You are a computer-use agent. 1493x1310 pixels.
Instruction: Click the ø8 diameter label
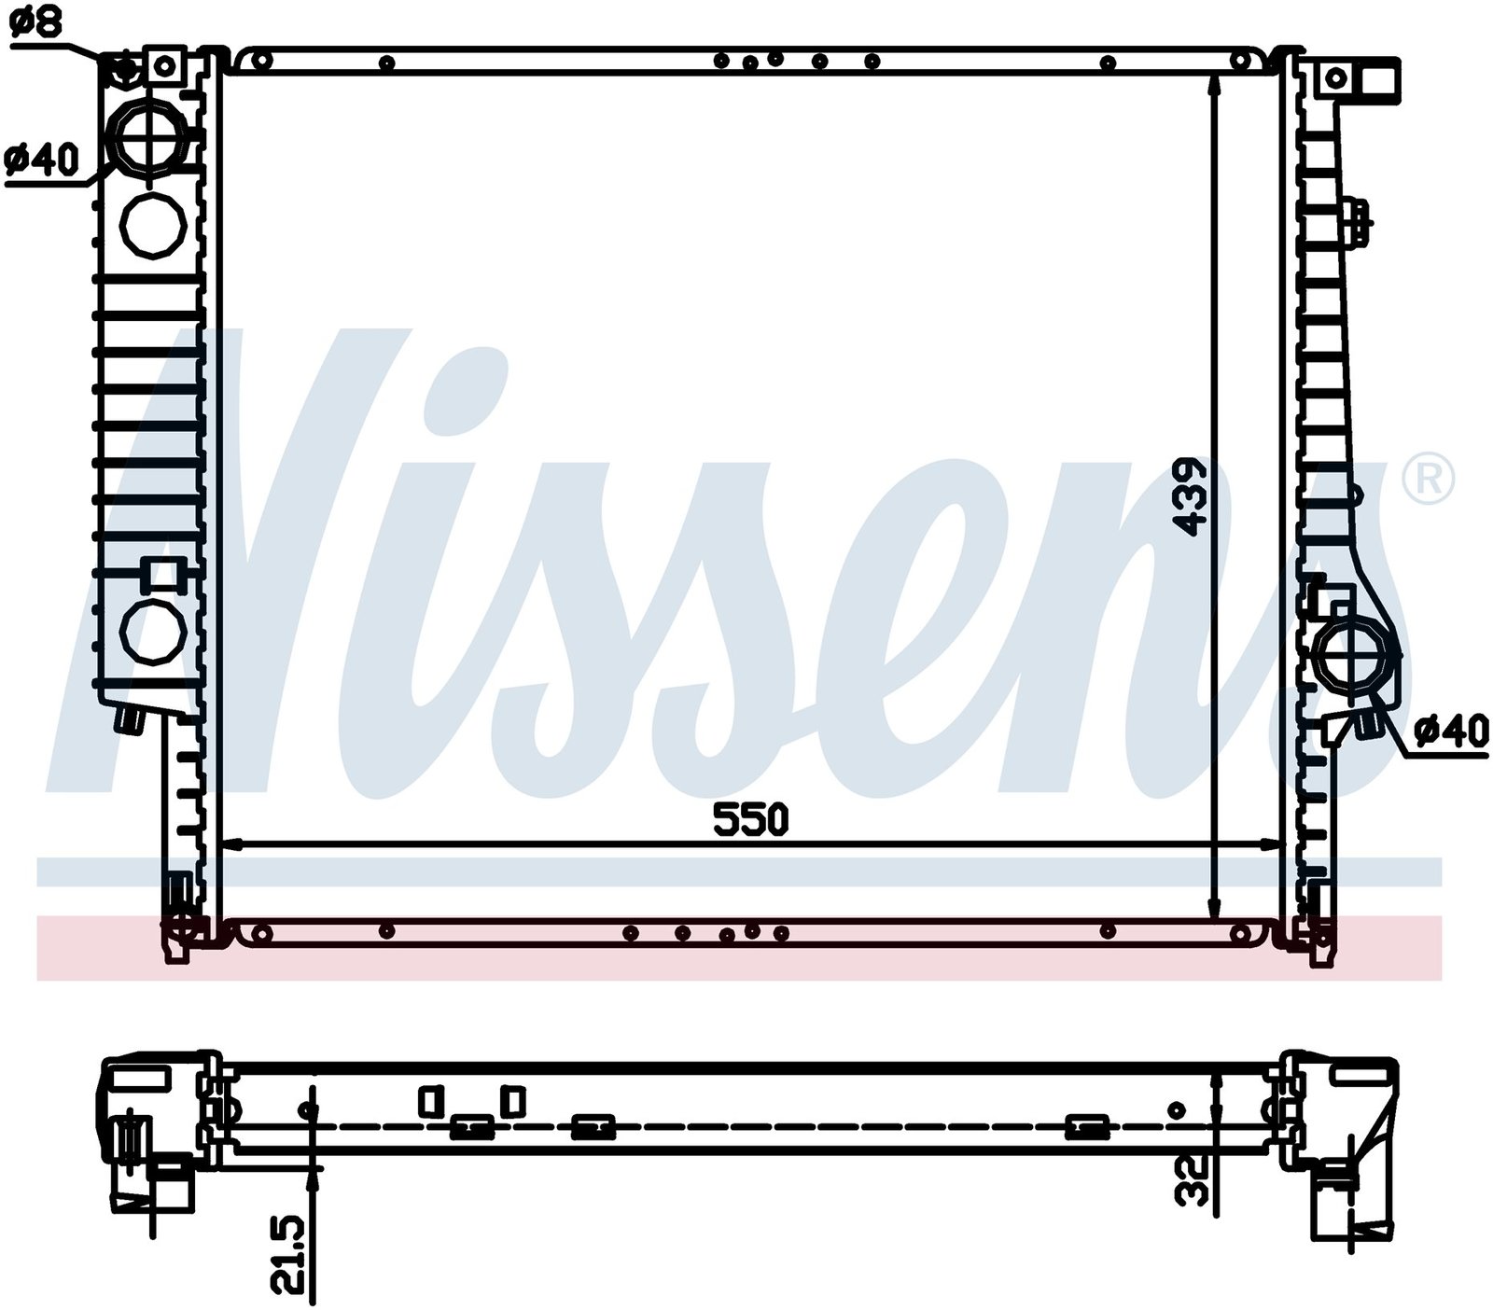point(36,21)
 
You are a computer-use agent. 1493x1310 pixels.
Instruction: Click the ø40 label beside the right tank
point(1452,731)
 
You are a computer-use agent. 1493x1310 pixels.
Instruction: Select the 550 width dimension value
point(751,819)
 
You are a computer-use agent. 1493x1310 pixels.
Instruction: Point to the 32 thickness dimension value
point(1193,1179)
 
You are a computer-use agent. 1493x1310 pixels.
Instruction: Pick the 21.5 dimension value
point(289,1242)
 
